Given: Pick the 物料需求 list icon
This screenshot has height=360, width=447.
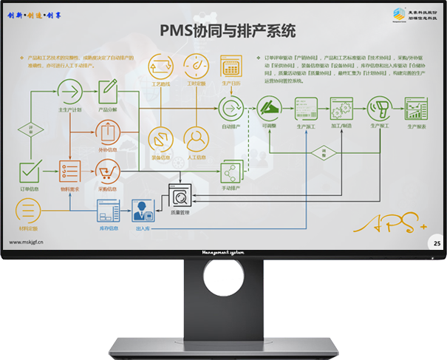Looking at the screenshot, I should pyautogui.click(x=69, y=171).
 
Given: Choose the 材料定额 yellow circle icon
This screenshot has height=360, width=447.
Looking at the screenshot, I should pyautogui.click(x=27, y=208).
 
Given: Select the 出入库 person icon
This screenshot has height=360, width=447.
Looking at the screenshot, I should pyautogui.click(x=141, y=213).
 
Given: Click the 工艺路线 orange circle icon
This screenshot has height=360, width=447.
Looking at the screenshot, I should pyautogui.click(x=160, y=67).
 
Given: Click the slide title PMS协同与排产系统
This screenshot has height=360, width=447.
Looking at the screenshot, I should pyautogui.click(x=228, y=31).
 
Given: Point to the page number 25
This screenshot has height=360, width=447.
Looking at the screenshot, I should pyautogui.click(x=437, y=242).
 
